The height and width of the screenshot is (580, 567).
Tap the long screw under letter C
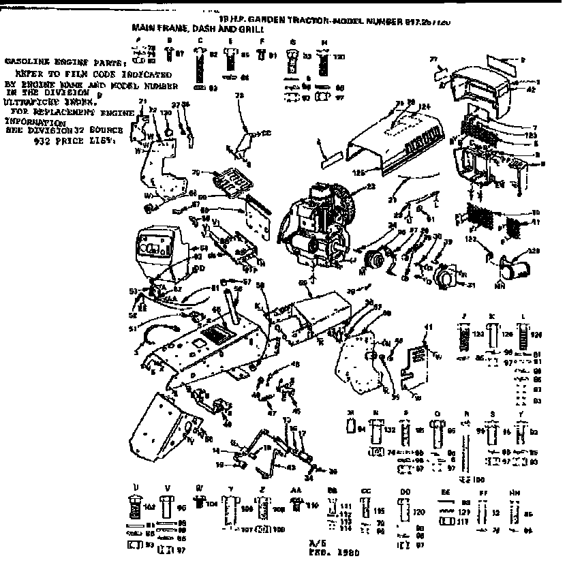click(x=200, y=68)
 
